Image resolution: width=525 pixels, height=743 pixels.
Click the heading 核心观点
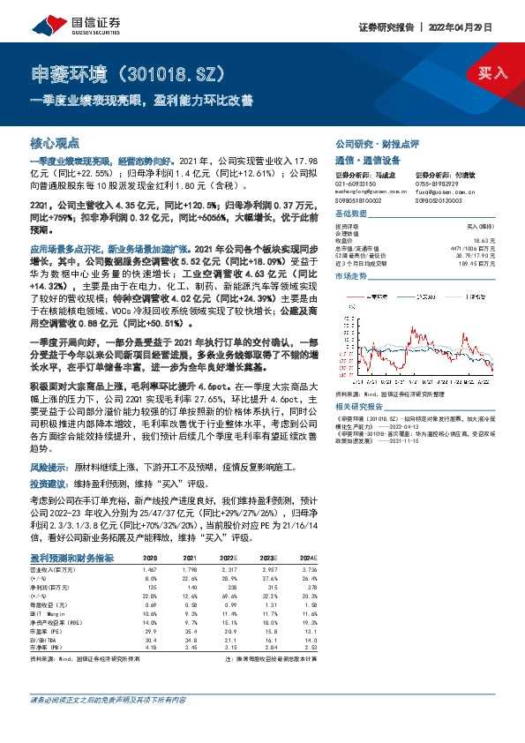(x=56, y=142)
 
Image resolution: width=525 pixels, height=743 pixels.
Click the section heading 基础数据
(x=351, y=216)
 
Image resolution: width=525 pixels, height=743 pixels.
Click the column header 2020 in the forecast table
(x=149, y=559)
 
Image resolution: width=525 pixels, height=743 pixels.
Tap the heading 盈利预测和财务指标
(x=71, y=558)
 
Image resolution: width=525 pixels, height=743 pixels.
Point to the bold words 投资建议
(x=49, y=484)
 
